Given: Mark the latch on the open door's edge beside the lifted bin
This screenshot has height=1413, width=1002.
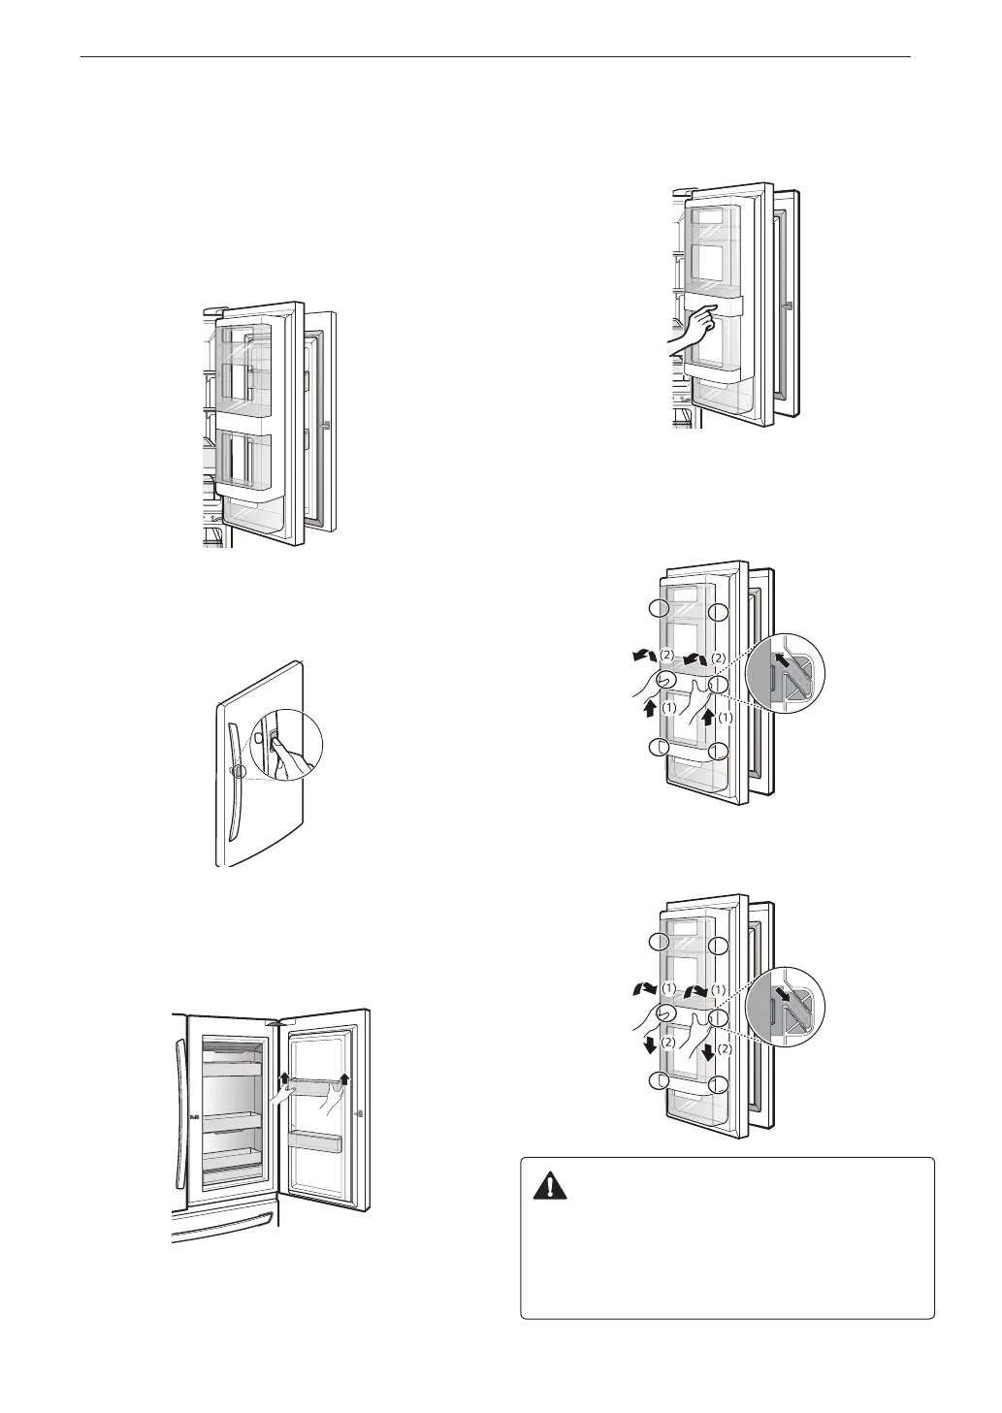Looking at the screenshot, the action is [360, 1114].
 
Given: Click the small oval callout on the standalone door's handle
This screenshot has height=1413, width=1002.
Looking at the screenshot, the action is [236, 772].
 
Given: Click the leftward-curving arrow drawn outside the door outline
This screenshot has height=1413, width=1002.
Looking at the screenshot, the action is [640, 658].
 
